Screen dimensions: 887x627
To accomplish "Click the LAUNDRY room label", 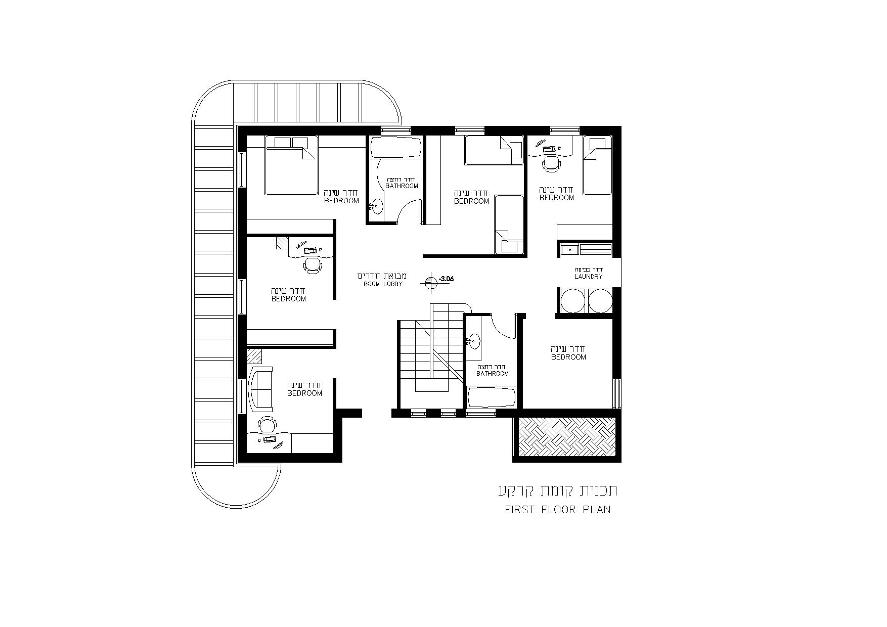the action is point(588,277).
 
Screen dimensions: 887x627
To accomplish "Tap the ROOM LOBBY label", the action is point(383,284).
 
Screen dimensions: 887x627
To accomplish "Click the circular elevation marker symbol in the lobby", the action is point(431,283).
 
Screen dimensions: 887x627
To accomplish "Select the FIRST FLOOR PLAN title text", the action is point(558,509).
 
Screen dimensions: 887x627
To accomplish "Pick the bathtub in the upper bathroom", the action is point(396,147).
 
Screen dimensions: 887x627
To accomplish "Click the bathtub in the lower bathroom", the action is point(492,397).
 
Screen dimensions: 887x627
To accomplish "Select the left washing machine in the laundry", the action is point(572,300).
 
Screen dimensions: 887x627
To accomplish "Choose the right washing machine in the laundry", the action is point(600,300).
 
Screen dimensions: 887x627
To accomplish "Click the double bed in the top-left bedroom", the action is point(291,165).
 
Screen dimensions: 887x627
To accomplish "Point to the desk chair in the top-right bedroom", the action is point(551,163).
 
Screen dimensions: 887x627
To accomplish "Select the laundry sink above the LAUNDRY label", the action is point(569,249).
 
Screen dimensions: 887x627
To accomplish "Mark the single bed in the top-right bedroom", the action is point(598,165).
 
